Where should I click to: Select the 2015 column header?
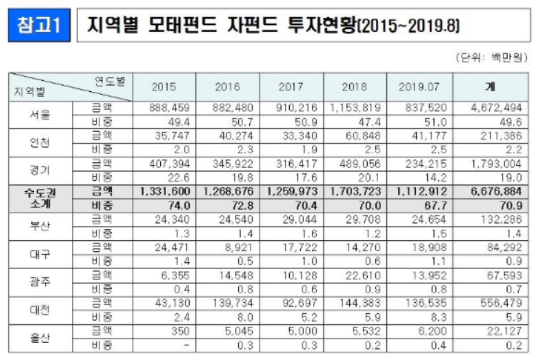click(164, 86)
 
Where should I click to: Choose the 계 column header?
click(490, 86)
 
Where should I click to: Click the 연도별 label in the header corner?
click(110, 80)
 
